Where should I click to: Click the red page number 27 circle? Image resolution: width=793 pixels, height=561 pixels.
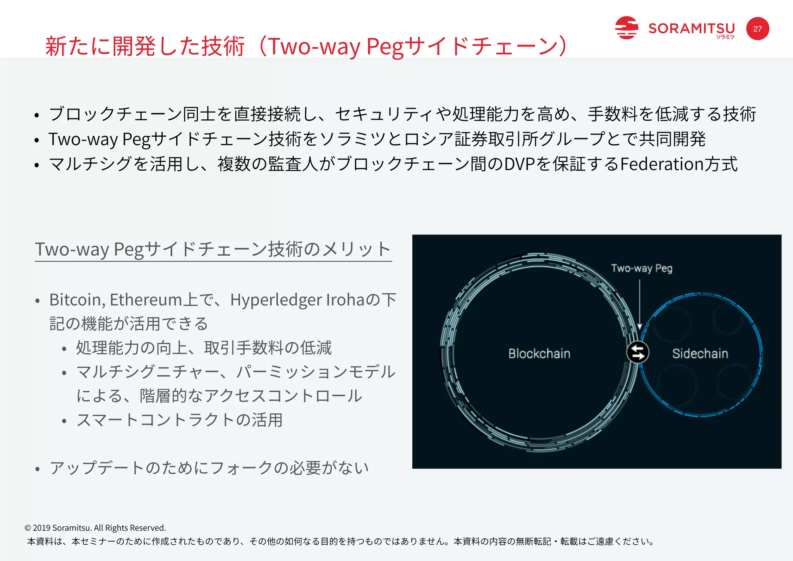pyautogui.click(x=757, y=29)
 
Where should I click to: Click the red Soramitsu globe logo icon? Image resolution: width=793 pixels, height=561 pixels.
pyautogui.click(x=626, y=28)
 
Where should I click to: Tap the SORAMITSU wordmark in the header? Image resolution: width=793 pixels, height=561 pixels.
pyautogui.click(x=692, y=29)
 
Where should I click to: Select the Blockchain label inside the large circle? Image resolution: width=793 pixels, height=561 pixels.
pyautogui.click(x=539, y=354)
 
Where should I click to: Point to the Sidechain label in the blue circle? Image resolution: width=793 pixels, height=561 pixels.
pyautogui.click(x=700, y=354)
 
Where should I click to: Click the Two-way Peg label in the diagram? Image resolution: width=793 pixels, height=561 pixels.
pyautogui.click(x=642, y=268)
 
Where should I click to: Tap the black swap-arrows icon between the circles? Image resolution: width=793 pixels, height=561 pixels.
pyautogui.click(x=638, y=352)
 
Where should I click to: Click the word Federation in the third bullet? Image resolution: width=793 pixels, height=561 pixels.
pyautogui.click(x=661, y=164)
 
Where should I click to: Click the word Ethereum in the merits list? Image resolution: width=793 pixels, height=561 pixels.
pyautogui.click(x=146, y=300)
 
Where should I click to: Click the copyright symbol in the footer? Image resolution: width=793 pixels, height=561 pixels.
pyautogui.click(x=27, y=528)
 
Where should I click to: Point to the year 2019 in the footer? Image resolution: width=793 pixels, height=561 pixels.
pyautogui.click(x=41, y=528)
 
